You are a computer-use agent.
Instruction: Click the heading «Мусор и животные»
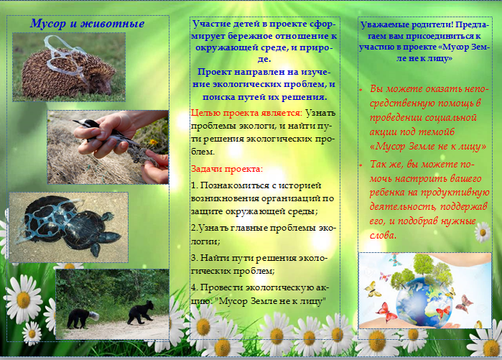(x=87, y=24)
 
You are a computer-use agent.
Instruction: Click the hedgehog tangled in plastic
(x=68, y=73)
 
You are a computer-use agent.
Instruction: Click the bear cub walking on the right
(x=141, y=313)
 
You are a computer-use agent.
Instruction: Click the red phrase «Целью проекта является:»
(x=246, y=113)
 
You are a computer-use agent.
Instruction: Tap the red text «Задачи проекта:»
(x=227, y=169)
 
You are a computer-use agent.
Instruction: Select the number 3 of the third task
(x=193, y=258)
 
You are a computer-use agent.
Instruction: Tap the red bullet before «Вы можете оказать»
(x=361, y=90)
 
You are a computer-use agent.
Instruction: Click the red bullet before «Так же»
(x=361, y=165)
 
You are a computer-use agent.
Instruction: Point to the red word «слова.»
(x=384, y=236)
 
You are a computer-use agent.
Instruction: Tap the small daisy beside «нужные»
(x=483, y=232)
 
